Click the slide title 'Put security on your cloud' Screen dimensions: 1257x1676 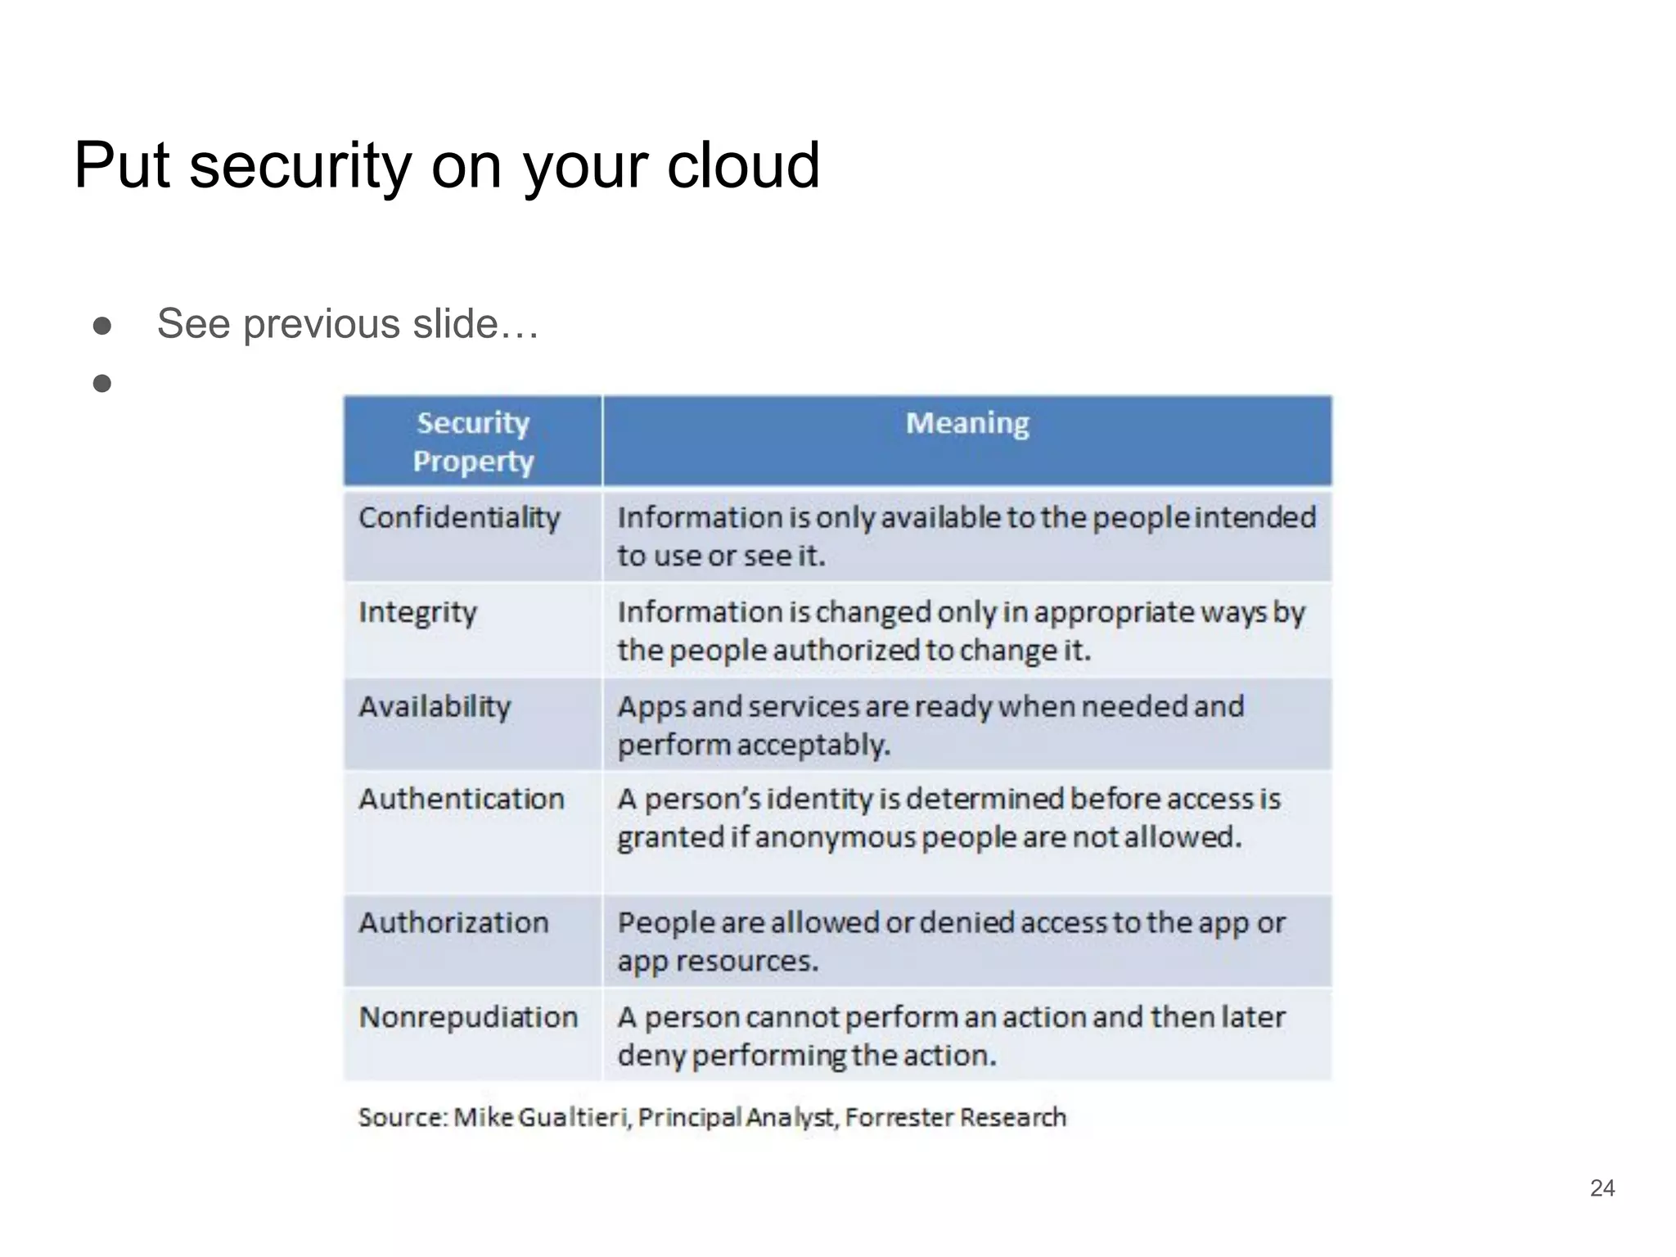coord(447,166)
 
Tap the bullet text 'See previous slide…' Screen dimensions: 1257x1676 coord(348,323)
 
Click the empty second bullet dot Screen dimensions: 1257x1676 coord(102,383)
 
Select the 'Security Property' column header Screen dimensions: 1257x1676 coord(473,442)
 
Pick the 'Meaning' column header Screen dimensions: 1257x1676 coord(967,423)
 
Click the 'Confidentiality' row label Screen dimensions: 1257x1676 coord(460,517)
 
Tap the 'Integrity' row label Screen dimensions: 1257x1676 coord(417,612)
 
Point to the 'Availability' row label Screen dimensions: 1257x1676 coord(435,706)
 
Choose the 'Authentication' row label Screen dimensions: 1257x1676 coord(462,799)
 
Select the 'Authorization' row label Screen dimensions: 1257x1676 coord(453,922)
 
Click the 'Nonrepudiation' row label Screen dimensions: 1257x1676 coord(468,1017)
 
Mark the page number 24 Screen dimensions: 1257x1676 coord(1602,1188)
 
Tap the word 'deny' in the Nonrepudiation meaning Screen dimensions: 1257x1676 coord(651,1056)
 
